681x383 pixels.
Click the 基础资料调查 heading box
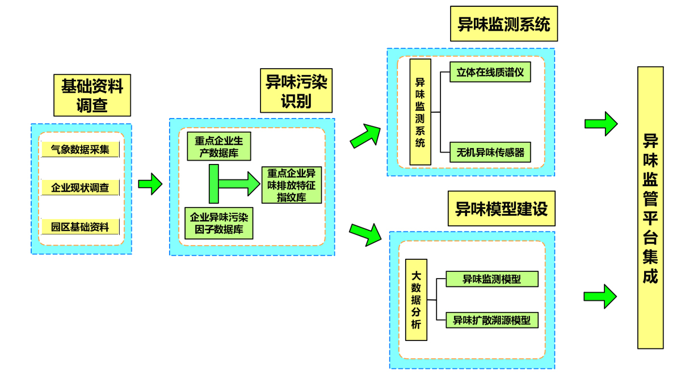(92, 95)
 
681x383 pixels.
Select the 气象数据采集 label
(80, 149)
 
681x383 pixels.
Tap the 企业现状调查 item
(80, 188)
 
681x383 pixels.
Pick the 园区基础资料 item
(80, 227)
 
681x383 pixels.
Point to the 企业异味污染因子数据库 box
(218, 224)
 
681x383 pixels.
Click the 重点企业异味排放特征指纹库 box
(292, 185)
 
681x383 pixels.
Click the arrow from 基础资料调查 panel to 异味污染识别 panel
(150, 184)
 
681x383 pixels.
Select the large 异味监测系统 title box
(503, 24)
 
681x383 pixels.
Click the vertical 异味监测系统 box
(420, 112)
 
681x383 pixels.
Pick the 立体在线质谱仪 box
(490, 73)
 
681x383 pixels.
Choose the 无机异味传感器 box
(490, 151)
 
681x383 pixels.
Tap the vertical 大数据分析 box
(416, 299)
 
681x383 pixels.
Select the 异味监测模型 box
(491, 279)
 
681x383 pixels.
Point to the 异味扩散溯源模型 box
(491, 320)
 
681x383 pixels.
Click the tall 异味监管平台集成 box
(650, 207)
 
